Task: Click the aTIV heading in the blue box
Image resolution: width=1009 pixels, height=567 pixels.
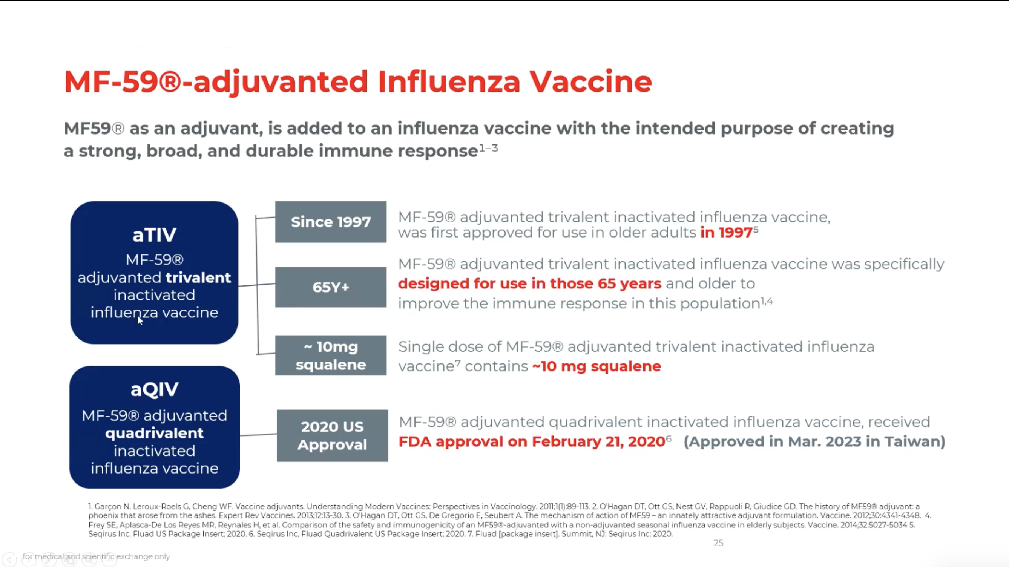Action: [154, 234]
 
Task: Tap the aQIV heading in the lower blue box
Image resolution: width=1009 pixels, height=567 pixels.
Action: [154, 389]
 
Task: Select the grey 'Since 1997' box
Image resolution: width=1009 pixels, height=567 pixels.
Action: [331, 222]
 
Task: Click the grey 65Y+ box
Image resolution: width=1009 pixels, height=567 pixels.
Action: [331, 287]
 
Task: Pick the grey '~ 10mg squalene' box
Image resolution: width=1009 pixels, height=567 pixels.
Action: [331, 355]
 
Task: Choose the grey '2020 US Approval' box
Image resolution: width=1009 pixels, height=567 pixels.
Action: [332, 435]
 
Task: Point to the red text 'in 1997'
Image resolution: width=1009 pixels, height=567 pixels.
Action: [726, 232]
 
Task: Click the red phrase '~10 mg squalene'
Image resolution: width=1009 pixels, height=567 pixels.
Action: [597, 366]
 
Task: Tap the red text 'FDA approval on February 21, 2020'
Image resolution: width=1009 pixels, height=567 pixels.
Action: [532, 441]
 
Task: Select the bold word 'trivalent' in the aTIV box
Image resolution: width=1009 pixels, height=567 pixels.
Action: [198, 277]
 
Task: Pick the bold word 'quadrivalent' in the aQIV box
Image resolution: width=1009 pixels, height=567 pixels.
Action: [154, 433]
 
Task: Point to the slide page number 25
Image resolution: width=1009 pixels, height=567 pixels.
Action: [718, 543]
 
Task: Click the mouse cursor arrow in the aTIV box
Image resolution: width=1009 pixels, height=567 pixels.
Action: [140, 320]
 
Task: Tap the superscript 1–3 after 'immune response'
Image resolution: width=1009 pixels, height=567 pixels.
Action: [488, 148]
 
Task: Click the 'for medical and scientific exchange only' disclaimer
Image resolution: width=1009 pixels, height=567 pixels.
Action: [96, 556]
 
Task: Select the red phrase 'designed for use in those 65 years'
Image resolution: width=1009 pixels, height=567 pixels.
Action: [529, 283]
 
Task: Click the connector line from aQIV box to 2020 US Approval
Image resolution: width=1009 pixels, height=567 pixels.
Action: [259, 435]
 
